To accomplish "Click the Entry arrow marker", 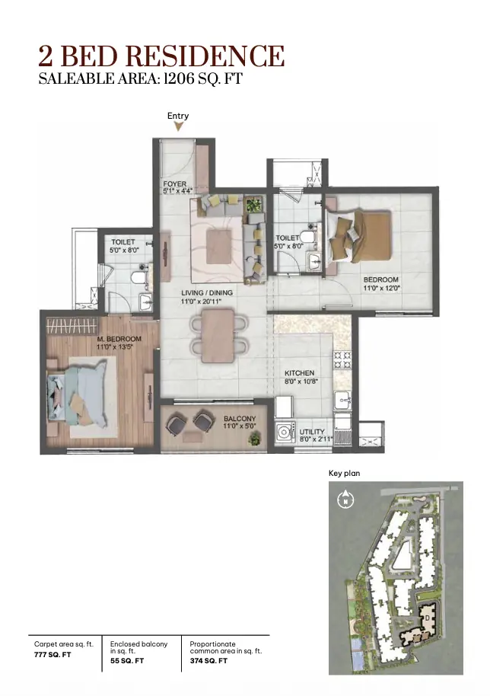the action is [178, 126].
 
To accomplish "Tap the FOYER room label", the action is [175, 184].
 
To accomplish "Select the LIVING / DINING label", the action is [207, 293].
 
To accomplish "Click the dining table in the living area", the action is [218, 336].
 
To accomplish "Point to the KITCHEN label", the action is [299, 373].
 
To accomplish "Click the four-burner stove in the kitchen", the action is [342, 360].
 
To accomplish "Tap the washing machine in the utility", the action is [285, 432].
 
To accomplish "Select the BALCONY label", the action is [240, 419].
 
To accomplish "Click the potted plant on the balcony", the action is [255, 439].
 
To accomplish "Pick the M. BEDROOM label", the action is [119, 339].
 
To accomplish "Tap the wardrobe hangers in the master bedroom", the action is [72, 326].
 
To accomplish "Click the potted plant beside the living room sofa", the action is [254, 205].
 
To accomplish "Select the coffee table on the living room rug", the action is [218, 247].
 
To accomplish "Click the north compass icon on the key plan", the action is [345, 500].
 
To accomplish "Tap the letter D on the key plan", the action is [427, 618].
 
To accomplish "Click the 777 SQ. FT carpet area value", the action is [52, 655].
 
